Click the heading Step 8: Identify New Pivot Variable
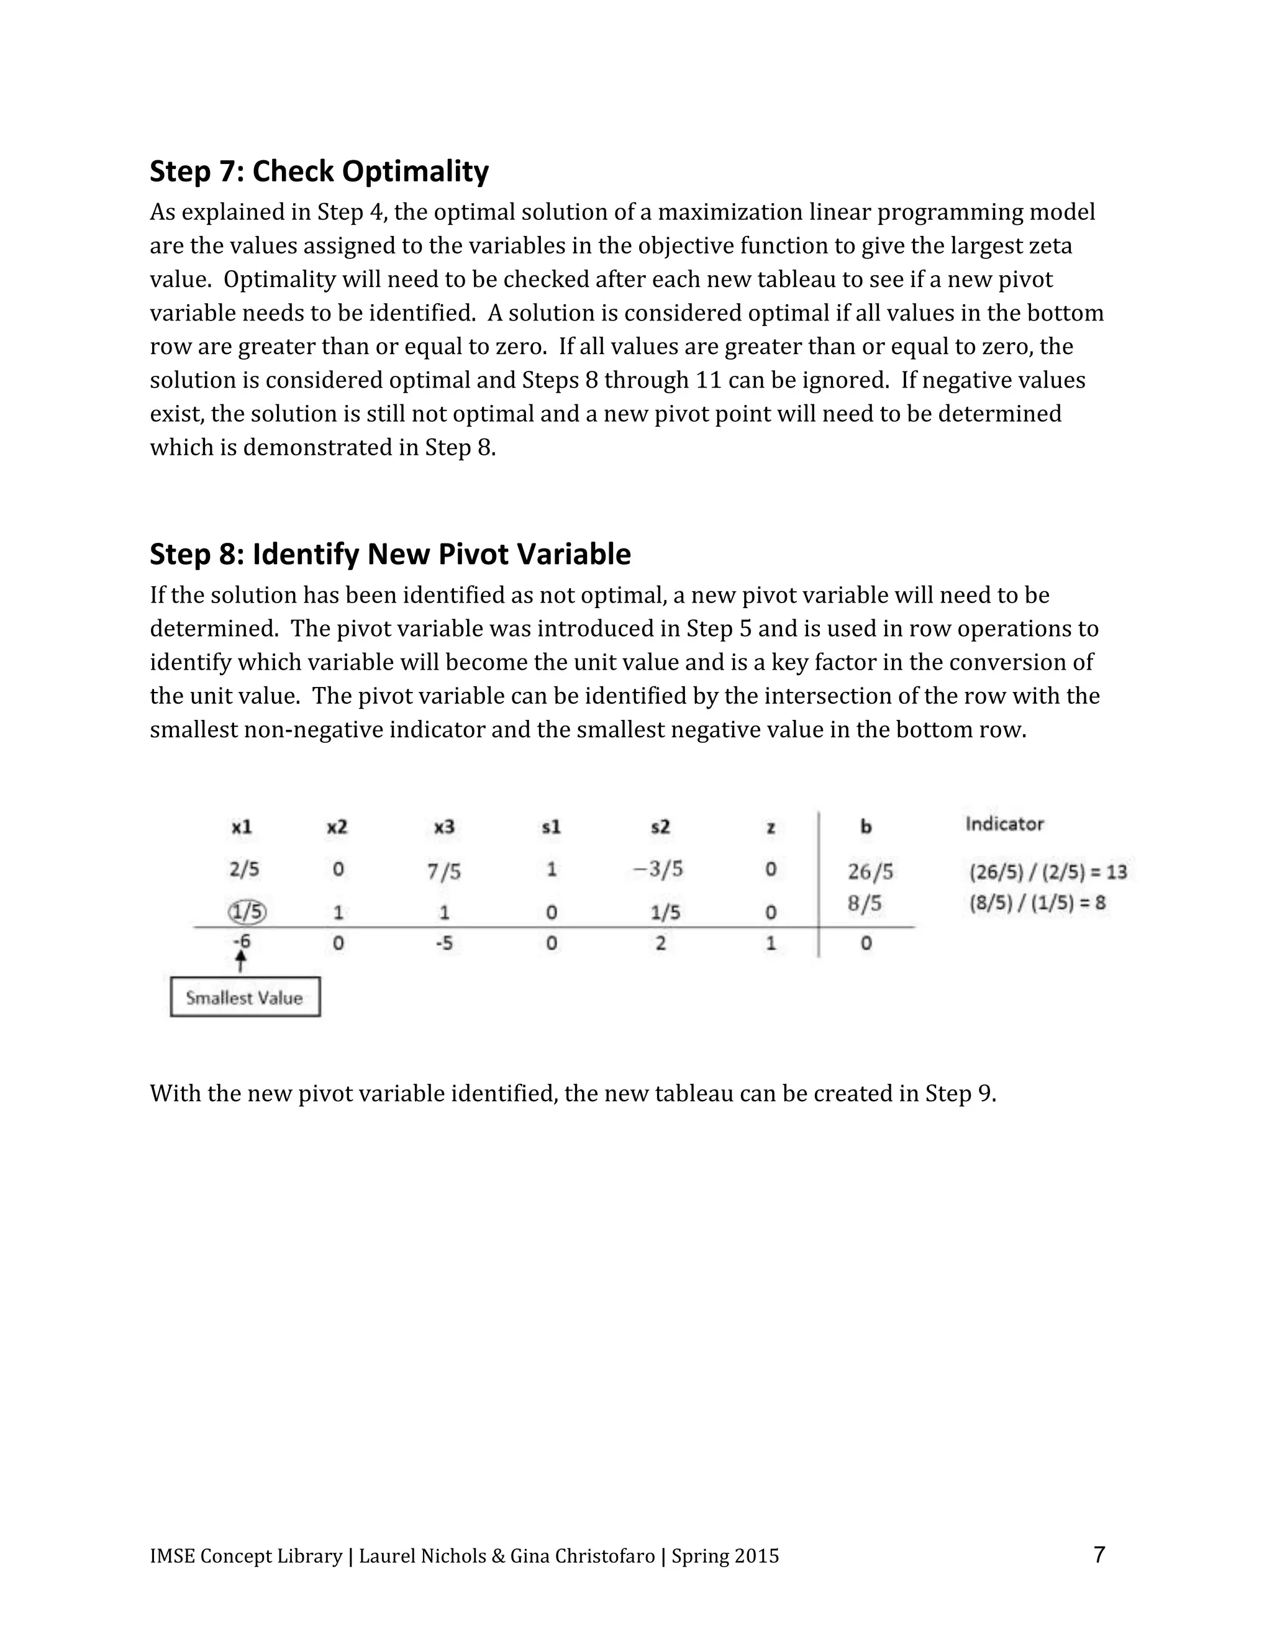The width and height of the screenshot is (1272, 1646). click(x=389, y=554)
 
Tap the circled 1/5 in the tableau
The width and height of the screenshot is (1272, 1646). click(x=247, y=912)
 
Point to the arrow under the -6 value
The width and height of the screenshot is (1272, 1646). click(x=240, y=961)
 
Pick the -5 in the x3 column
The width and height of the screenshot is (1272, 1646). click(x=444, y=943)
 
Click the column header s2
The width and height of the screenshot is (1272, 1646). click(x=660, y=827)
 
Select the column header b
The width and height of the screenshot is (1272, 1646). click(x=866, y=827)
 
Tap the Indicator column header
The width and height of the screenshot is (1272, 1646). click(x=1004, y=824)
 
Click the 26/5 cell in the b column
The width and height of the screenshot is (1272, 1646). click(x=870, y=872)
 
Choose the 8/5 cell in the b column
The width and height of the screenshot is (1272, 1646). click(x=865, y=903)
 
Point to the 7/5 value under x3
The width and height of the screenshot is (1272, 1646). click(x=444, y=872)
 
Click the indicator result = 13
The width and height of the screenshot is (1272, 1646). click(x=1108, y=872)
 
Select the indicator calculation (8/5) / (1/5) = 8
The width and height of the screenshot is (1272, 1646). click(x=1037, y=903)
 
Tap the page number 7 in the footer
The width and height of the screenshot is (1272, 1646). click(x=1099, y=1554)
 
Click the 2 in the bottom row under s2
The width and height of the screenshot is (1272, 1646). click(x=660, y=943)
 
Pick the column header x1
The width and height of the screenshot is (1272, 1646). click(x=242, y=827)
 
